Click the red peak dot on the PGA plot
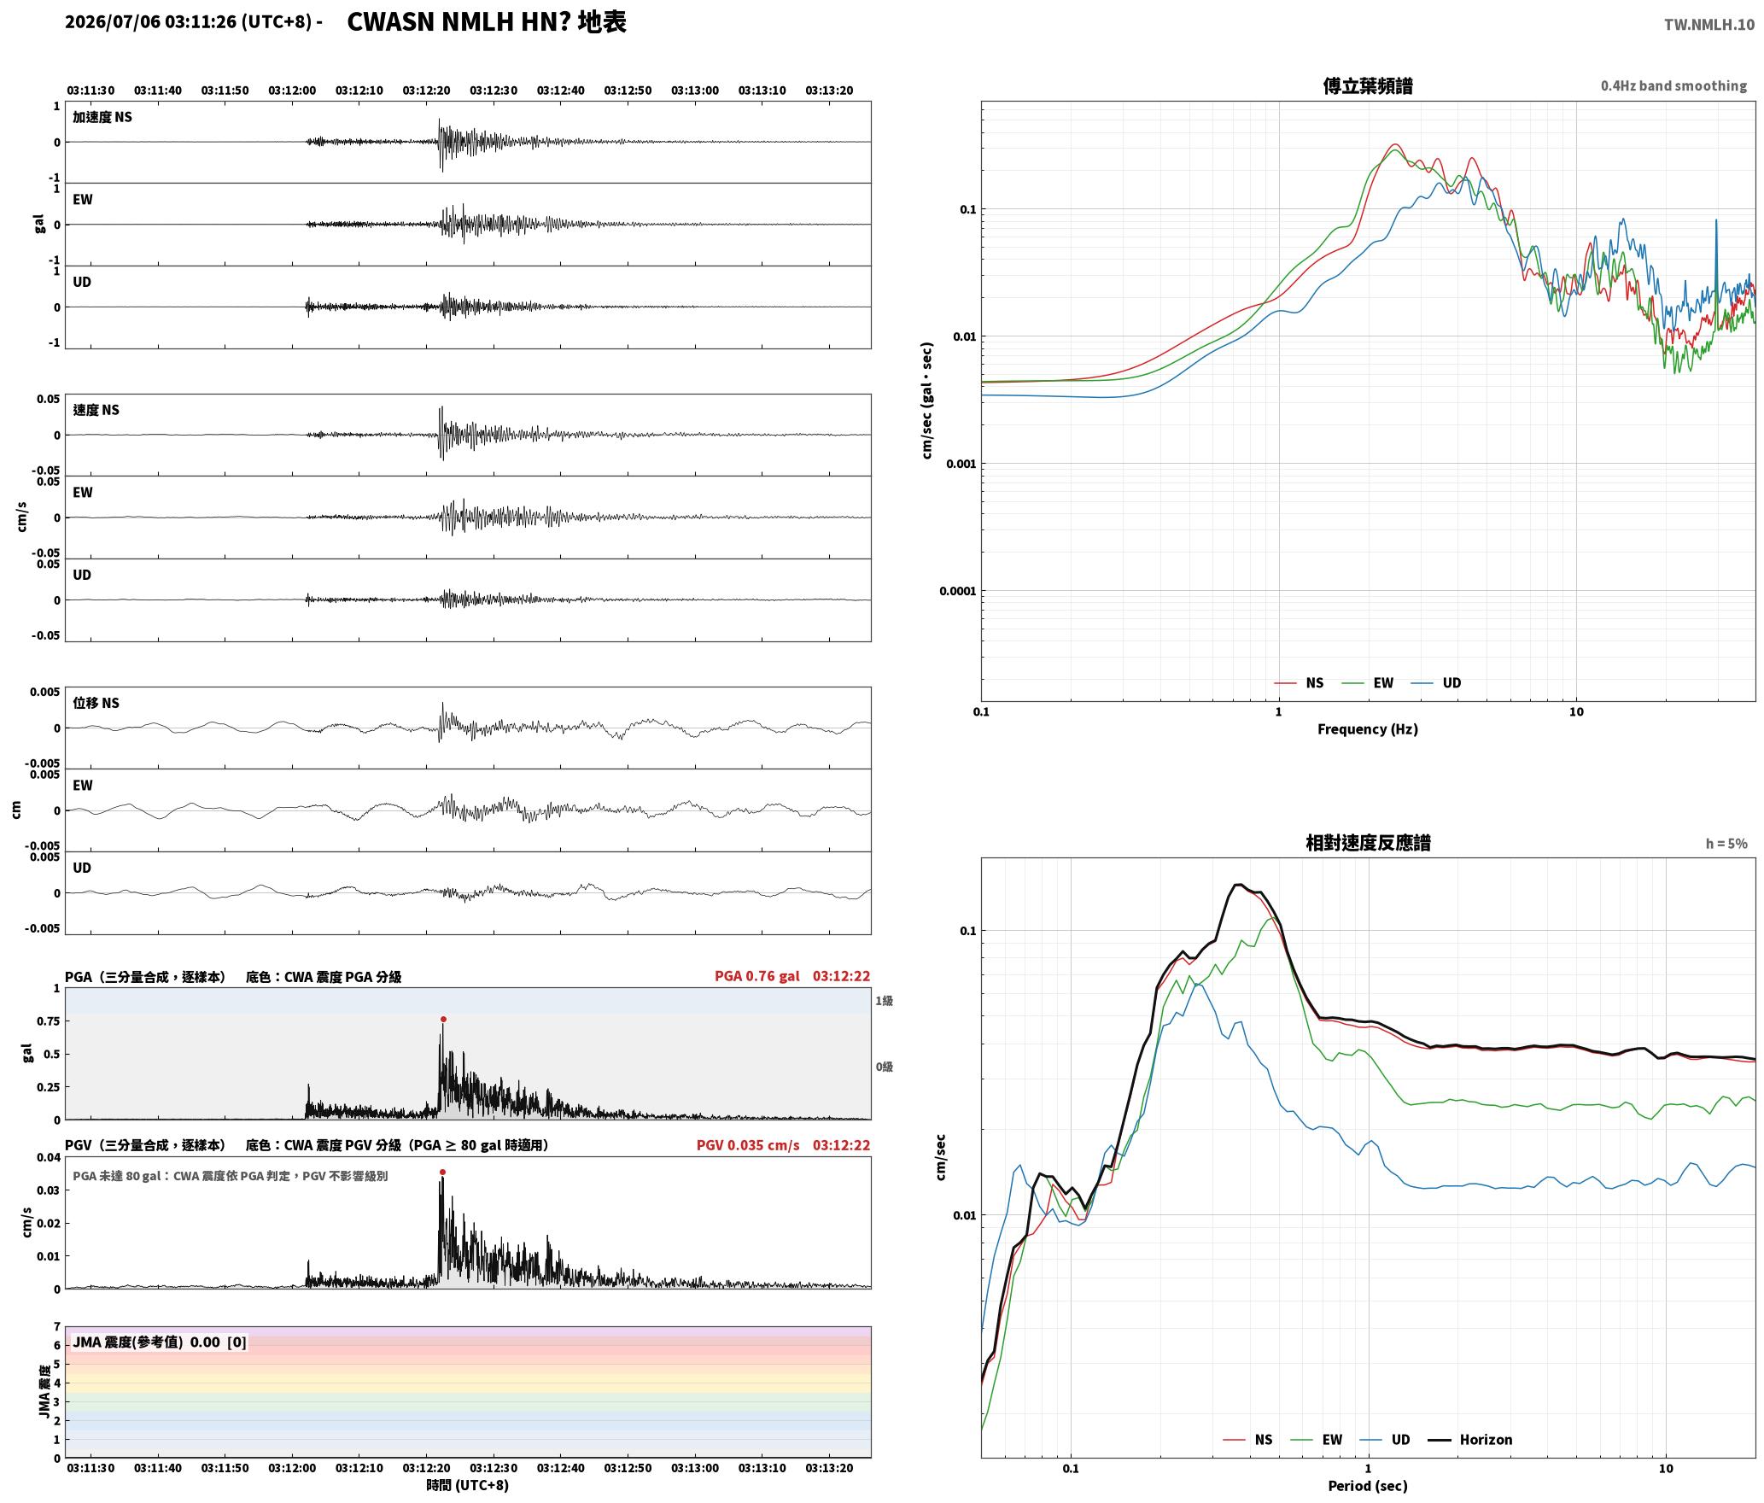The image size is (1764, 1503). coord(443,1019)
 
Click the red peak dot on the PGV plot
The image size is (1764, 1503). coord(442,1172)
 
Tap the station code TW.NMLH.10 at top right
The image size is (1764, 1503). coord(1709,25)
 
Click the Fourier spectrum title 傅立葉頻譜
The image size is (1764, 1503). coord(1367,86)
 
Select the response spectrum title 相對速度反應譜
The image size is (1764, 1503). coord(1368,843)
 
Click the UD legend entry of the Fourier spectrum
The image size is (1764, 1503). coord(1435,682)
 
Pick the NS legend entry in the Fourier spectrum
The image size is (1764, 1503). coord(1299,682)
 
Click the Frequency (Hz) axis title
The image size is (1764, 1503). coord(1367,728)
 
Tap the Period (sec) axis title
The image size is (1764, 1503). coord(1367,1485)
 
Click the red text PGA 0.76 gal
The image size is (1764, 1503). coord(757,976)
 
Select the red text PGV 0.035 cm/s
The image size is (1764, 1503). coord(748,1145)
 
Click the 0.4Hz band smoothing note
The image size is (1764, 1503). coord(1673,86)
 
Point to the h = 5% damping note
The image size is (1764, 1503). coord(1726,844)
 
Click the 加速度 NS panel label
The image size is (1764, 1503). coord(102,117)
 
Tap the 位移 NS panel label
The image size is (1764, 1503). coord(96,703)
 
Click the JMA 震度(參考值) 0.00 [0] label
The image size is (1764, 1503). coord(160,1342)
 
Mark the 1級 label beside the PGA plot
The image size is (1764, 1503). coord(884,1000)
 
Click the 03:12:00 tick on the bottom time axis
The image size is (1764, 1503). coord(292,1468)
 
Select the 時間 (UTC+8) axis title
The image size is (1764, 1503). coord(468,1485)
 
